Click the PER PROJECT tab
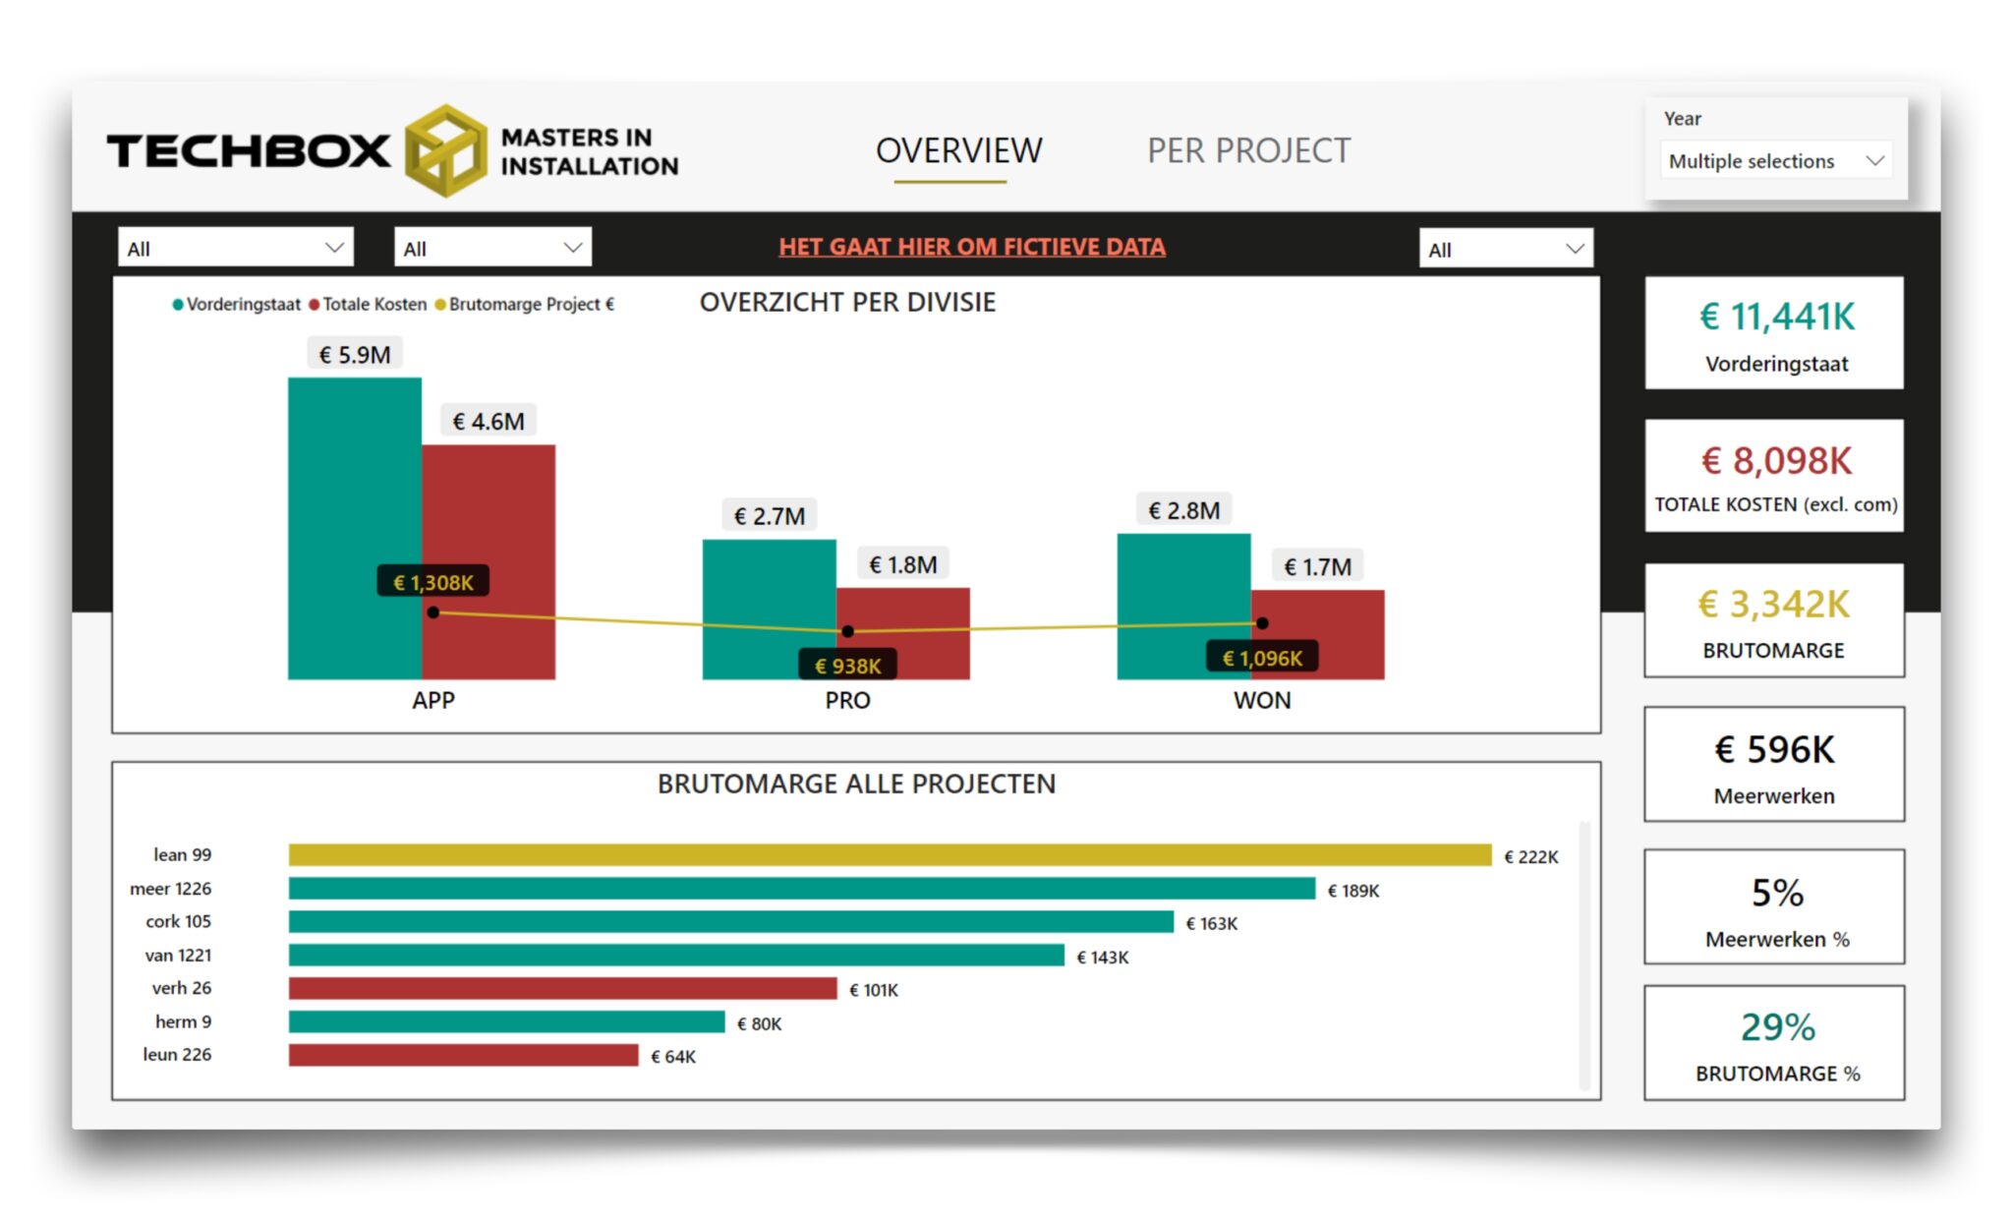1248,150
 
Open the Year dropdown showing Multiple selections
1774,161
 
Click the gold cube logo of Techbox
445,150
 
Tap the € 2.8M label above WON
1183,510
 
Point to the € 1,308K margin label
432,582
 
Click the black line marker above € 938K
847,631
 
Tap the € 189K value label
1353,891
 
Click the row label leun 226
177,1055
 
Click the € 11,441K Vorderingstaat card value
1776,317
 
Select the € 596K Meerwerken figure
1774,750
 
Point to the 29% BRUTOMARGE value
1777,1027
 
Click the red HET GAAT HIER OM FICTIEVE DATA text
971,247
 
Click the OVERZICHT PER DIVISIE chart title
847,302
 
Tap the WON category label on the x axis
1261,700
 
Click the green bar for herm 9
506,1022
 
